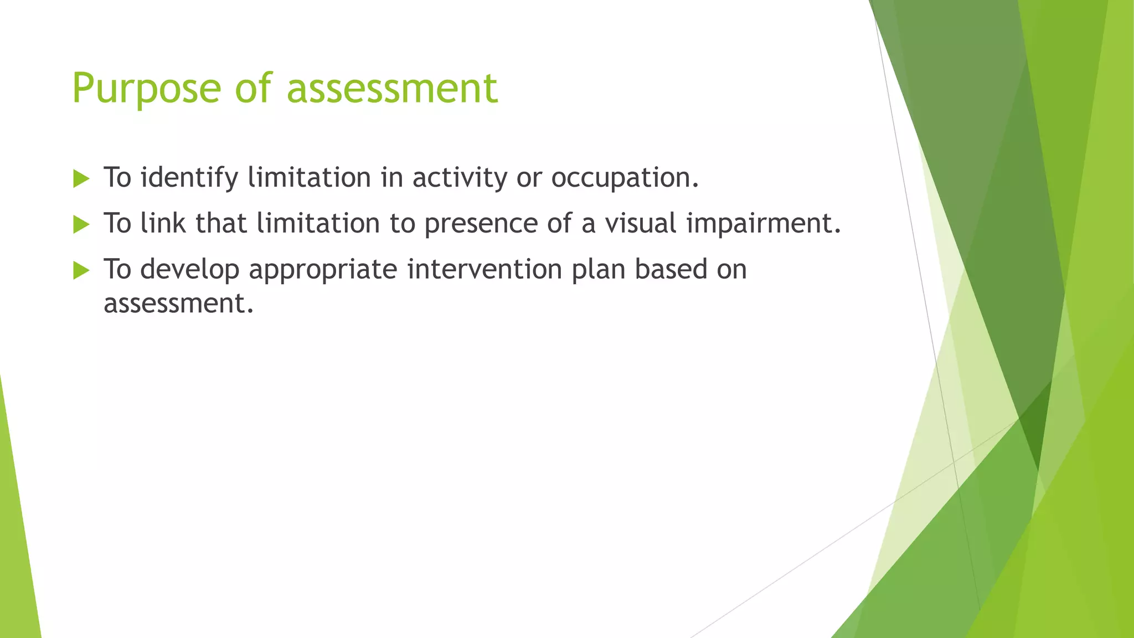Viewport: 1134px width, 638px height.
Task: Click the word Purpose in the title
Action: point(147,89)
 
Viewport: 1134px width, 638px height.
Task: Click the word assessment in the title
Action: point(392,89)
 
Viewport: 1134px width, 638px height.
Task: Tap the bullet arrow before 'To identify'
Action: point(81,179)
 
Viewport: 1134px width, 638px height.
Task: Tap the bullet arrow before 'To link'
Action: point(81,224)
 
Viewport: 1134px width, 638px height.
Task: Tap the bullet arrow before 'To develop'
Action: point(81,270)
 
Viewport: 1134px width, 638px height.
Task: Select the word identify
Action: point(189,178)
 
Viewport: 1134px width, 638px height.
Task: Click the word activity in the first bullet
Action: point(460,178)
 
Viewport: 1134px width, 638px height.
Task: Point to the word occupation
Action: point(625,178)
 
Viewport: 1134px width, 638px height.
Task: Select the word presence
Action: point(481,224)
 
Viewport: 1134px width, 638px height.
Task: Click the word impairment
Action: point(763,224)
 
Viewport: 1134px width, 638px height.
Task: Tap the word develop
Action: point(190,270)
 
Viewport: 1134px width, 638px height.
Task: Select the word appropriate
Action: point(323,270)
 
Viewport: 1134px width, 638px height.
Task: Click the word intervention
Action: point(484,270)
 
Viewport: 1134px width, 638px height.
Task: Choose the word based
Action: point(671,270)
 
